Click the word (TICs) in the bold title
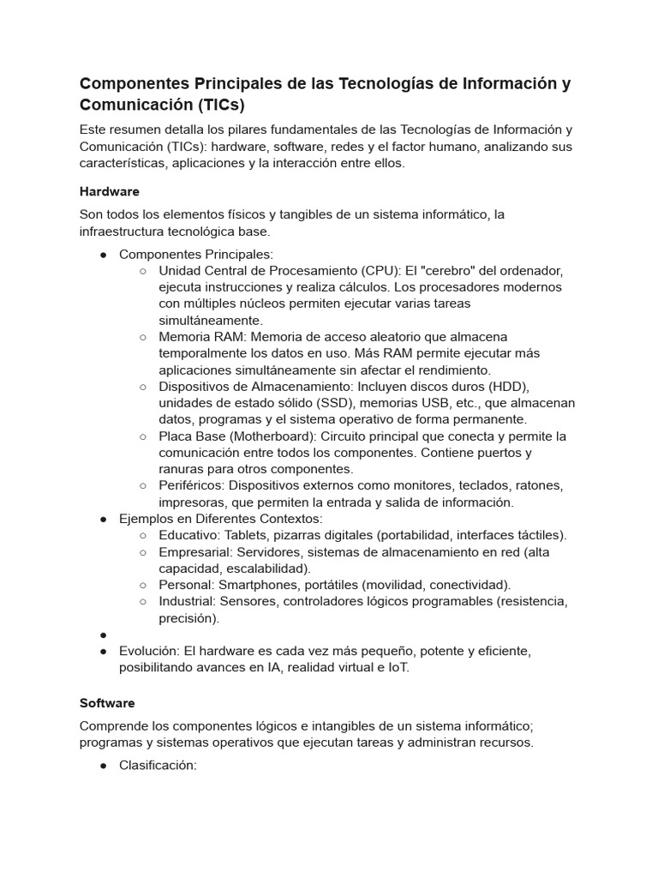220,105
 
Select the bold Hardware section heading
109,191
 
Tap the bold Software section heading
107,703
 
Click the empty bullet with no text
103,635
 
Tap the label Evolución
149,651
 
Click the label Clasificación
158,765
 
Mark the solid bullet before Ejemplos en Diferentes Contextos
103,519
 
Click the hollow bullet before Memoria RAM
142,337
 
